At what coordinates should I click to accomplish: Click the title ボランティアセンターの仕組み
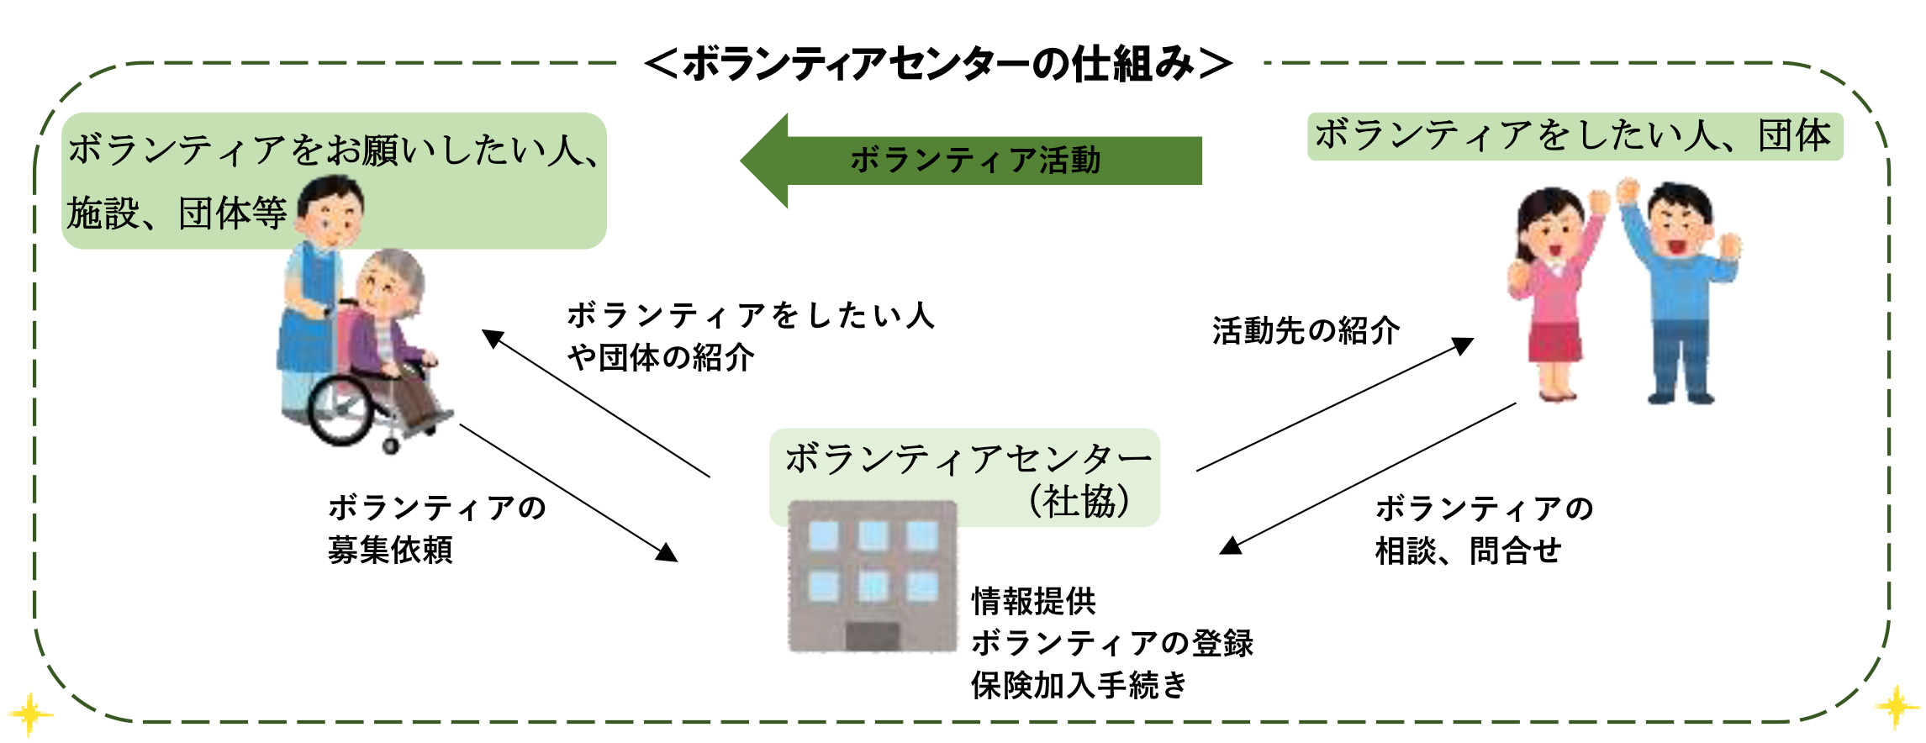938,64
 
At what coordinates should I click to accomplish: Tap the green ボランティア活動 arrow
971,161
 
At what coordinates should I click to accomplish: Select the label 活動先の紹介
1306,330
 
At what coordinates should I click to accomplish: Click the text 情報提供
1034,601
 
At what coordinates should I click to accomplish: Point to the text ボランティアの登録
1112,643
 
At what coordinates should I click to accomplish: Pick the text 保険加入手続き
1079,685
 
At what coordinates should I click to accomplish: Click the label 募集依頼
390,550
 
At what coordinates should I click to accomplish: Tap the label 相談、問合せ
1468,551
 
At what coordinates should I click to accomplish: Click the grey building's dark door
873,636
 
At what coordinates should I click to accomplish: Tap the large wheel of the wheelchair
340,409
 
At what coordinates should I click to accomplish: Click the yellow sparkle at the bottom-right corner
1897,708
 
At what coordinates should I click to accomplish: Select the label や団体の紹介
661,357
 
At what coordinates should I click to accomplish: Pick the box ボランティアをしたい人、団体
1575,136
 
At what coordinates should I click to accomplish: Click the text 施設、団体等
177,213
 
